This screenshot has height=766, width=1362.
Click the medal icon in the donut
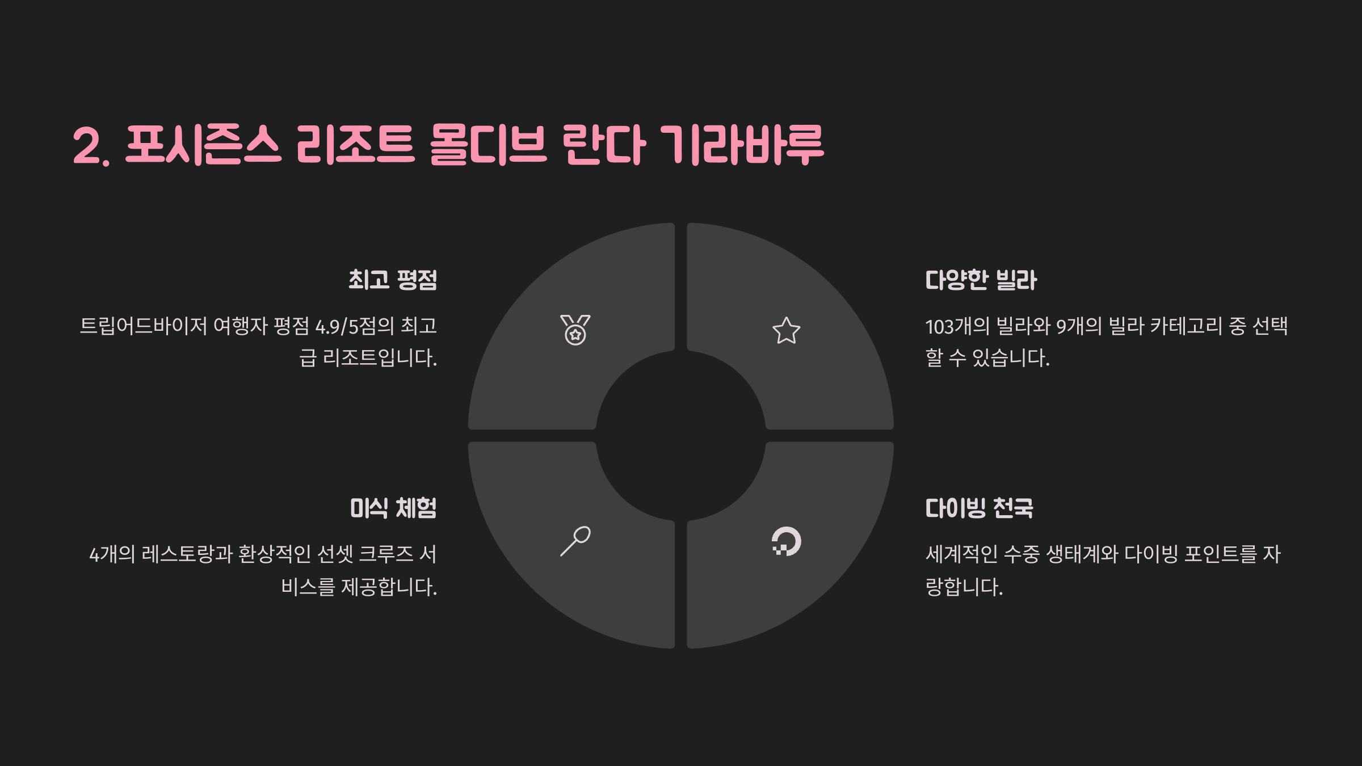pyautogui.click(x=575, y=330)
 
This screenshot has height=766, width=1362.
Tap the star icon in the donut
pyautogui.click(x=786, y=331)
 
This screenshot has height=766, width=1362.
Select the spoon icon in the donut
pyautogui.click(x=575, y=541)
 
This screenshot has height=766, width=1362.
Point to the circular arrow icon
pyautogui.click(x=786, y=541)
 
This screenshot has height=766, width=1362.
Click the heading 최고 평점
pyautogui.click(x=393, y=280)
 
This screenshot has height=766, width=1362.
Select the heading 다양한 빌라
pyautogui.click(x=981, y=280)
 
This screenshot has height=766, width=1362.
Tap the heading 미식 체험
pyautogui.click(x=393, y=508)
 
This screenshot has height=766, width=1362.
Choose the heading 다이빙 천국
pyautogui.click(x=979, y=508)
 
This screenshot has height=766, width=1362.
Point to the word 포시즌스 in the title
pyautogui.click(x=203, y=145)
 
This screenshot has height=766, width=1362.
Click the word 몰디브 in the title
pyautogui.click(x=488, y=145)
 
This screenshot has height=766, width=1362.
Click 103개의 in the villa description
pyautogui.click(x=957, y=326)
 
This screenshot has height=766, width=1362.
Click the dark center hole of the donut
pyautogui.click(x=680, y=435)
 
